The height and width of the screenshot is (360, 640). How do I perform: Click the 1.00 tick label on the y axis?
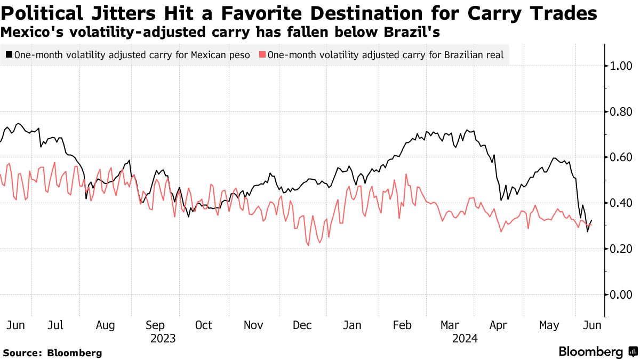(x=621, y=66)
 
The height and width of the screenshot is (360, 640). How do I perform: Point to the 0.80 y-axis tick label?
(x=621, y=112)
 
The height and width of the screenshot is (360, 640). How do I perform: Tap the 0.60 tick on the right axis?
(x=621, y=157)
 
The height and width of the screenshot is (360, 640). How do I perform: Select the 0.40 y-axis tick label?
(x=621, y=203)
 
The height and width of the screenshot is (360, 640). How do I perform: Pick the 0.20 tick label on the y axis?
(x=621, y=249)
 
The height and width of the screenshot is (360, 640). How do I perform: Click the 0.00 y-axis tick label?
(x=621, y=295)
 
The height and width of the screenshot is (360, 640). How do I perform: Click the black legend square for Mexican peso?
(x=9, y=54)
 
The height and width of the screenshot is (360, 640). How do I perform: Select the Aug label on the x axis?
(x=105, y=325)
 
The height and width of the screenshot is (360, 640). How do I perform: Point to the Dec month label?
(x=302, y=325)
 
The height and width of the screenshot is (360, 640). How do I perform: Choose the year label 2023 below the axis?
(x=163, y=339)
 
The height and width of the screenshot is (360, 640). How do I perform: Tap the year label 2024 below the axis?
(x=465, y=339)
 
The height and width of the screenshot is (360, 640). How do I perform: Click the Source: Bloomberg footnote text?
(x=52, y=353)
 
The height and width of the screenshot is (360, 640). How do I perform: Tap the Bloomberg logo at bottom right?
(x=597, y=352)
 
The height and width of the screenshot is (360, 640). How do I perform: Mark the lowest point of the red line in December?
(x=308, y=245)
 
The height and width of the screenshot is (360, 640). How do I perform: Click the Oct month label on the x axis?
(x=204, y=325)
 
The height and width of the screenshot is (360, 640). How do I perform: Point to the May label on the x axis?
(x=549, y=325)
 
